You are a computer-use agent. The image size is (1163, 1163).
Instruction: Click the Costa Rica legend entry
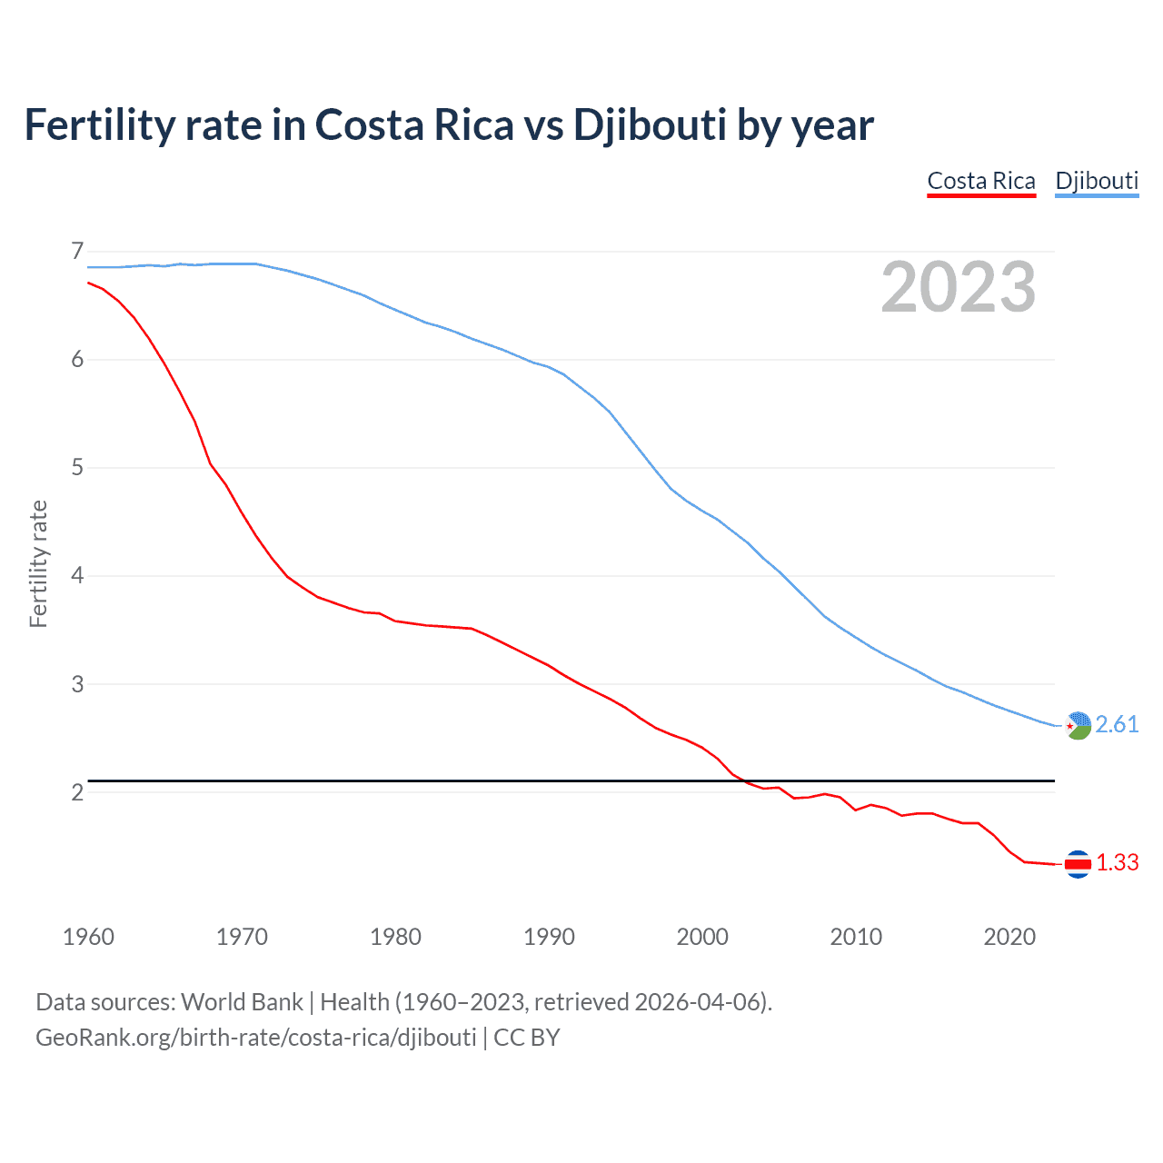coord(981,181)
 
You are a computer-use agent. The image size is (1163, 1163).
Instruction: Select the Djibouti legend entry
coord(1097,181)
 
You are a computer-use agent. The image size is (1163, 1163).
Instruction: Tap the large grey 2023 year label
coord(959,287)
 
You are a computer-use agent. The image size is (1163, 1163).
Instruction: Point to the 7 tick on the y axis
coord(77,251)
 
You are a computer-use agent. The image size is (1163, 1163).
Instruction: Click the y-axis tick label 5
coord(77,468)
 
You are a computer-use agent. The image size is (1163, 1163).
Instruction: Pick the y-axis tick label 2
coord(77,792)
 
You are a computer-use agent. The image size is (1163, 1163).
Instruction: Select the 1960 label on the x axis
coord(88,937)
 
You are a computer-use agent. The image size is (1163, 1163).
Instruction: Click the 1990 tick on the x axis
coord(549,937)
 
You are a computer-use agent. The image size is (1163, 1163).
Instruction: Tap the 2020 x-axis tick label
coord(1009,937)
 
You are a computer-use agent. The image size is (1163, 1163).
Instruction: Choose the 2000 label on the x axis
coord(702,937)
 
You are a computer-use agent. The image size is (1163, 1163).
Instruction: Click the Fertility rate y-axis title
coord(38,563)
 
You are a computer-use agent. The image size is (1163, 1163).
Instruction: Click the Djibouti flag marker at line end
coord(1078,725)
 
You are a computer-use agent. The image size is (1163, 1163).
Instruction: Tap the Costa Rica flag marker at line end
coord(1078,863)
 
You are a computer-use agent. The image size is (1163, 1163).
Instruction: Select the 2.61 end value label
coord(1117,724)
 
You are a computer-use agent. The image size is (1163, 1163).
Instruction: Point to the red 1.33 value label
coord(1117,862)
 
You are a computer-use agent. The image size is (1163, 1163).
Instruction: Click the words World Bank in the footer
coord(242,1002)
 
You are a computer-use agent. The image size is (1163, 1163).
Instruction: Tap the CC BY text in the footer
coord(527,1038)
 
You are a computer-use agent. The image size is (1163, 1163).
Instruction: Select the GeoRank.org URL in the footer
coord(255,1038)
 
